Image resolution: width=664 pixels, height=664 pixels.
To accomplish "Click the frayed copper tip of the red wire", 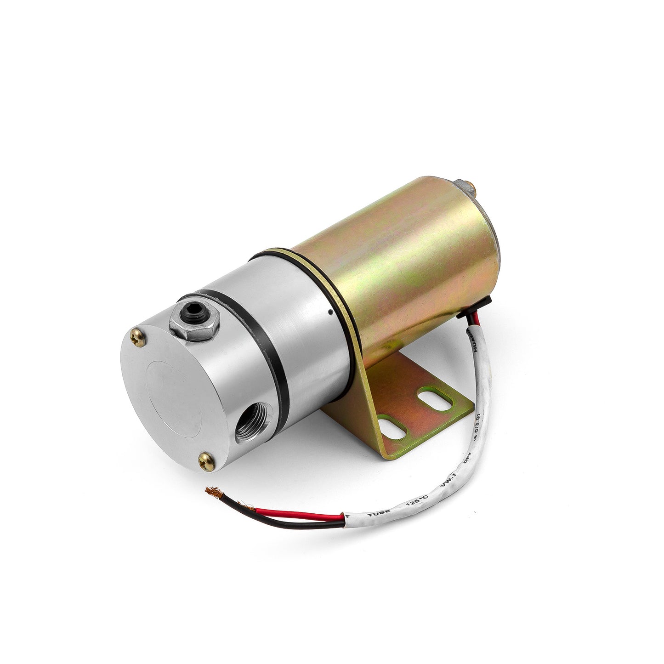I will pyautogui.click(x=214, y=491).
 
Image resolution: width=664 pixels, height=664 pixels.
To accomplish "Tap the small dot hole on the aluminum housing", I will pyautogui.click(x=331, y=312).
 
